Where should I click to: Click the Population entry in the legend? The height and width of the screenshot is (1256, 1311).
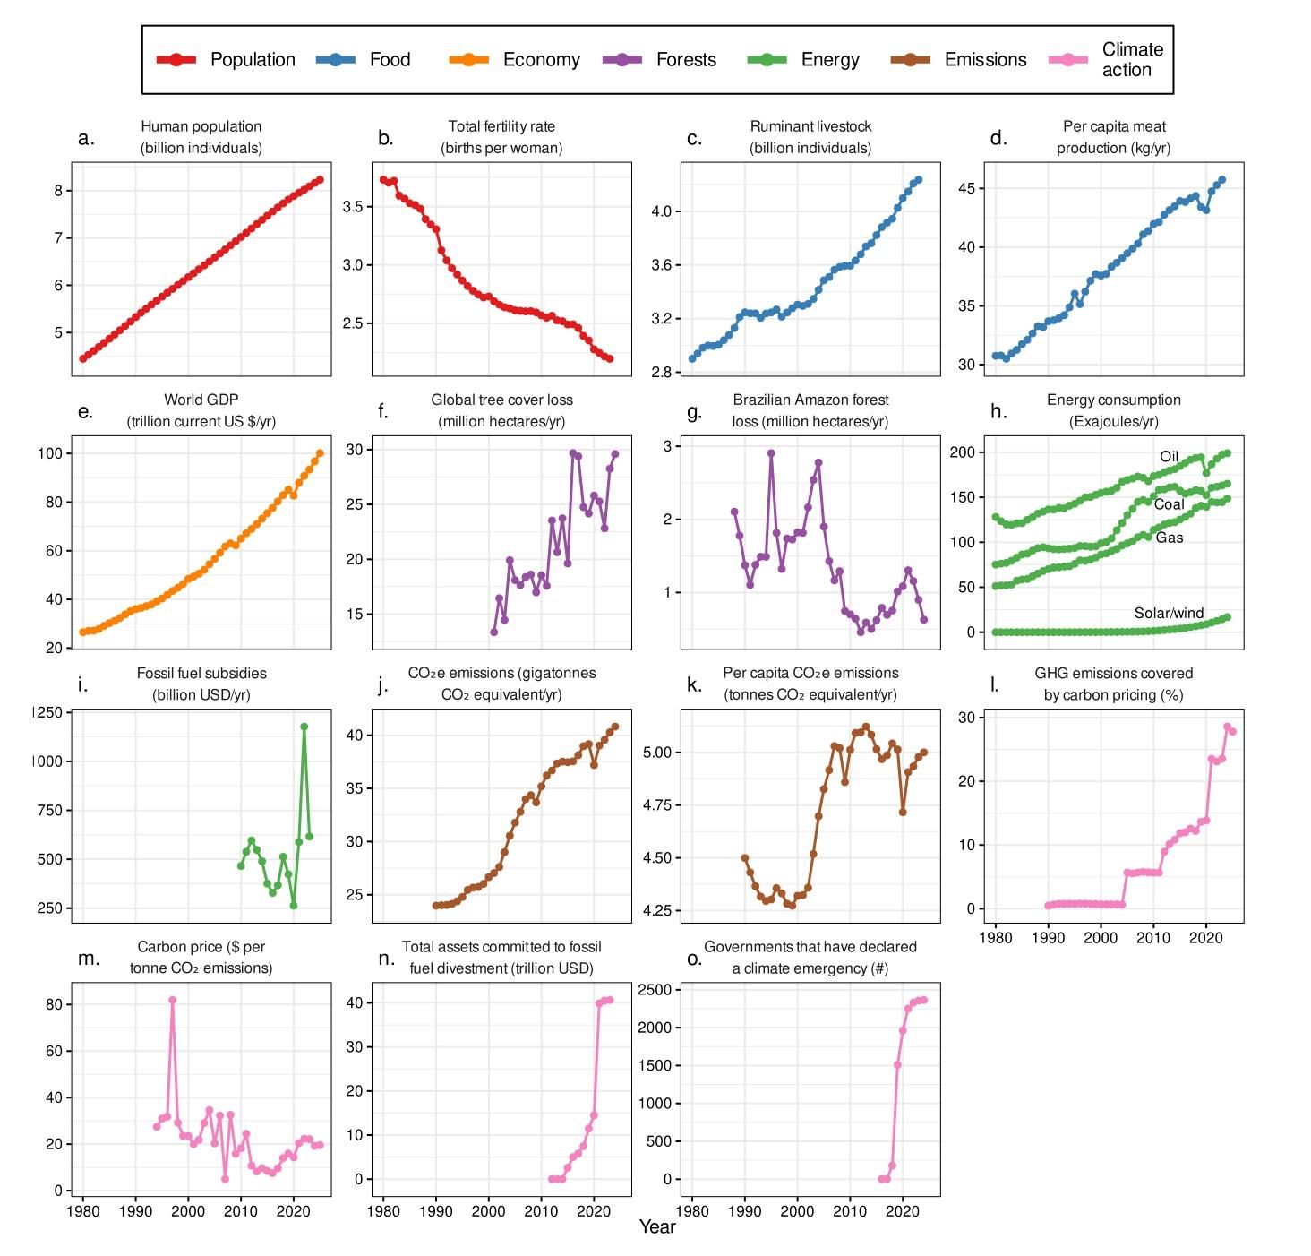(252, 60)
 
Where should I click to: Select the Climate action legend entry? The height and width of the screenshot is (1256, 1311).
(1132, 60)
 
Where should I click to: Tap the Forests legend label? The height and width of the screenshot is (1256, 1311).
(686, 60)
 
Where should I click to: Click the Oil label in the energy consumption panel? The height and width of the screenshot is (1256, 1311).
(1169, 457)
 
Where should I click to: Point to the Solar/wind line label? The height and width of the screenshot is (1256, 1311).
(1169, 613)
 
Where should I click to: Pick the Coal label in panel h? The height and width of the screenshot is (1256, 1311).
(1169, 504)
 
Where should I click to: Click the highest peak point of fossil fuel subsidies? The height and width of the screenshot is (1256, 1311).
(304, 727)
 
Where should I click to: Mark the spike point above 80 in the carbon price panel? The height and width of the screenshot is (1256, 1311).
(172, 1000)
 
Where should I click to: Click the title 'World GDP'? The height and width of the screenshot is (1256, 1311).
(201, 400)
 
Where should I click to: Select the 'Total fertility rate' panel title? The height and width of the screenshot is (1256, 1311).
(501, 126)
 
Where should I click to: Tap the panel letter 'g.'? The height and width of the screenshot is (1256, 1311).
(694, 411)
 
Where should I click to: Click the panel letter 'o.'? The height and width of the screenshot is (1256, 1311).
(694, 959)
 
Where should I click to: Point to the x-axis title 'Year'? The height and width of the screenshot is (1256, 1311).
(657, 1226)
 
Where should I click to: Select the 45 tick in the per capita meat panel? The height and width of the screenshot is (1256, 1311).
(965, 188)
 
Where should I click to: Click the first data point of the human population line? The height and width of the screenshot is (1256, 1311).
(83, 358)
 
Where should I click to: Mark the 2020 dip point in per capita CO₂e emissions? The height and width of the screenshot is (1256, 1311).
(903, 812)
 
